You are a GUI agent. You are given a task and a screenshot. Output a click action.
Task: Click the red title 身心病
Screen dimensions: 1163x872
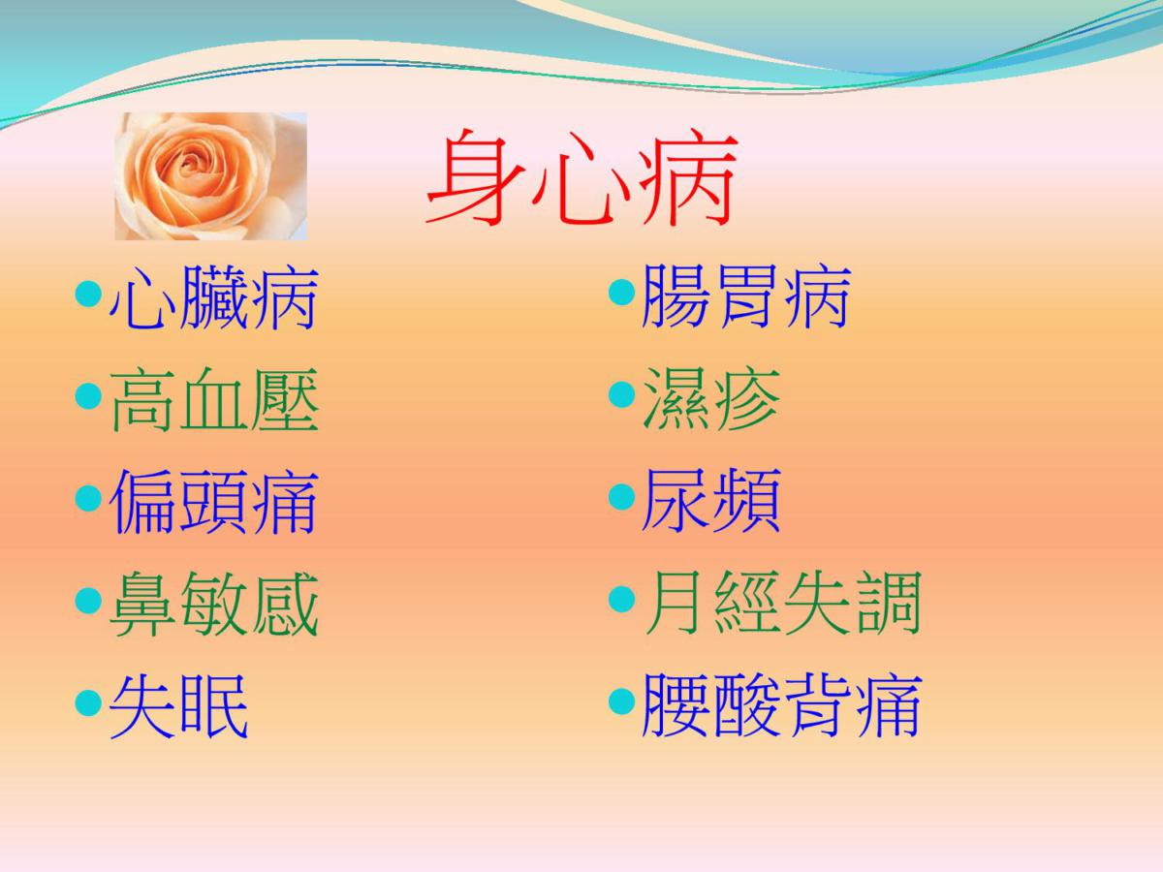coord(582,177)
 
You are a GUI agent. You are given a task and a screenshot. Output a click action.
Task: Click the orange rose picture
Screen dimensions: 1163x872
coord(211,176)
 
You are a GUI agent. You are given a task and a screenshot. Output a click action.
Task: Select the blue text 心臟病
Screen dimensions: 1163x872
coord(213,298)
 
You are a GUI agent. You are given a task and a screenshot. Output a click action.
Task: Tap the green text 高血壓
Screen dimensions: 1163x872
coord(214,401)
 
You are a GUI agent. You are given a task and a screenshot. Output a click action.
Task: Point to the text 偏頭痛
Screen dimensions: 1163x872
coord(214,501)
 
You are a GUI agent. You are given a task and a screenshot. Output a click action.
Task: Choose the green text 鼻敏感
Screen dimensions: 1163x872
coord(214,604)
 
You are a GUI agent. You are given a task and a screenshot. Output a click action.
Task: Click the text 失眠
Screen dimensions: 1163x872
coord(178,706)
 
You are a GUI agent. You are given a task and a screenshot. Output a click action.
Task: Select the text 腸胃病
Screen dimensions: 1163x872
coord(746,297)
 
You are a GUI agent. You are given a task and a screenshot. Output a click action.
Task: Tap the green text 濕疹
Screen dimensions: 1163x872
coord(711,399)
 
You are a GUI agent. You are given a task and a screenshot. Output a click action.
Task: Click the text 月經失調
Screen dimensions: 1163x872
coord(782,603)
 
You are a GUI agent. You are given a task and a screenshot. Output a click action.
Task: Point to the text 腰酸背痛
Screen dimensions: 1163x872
coord(782,705)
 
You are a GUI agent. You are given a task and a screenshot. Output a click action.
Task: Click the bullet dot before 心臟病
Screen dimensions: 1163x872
coord(88,294)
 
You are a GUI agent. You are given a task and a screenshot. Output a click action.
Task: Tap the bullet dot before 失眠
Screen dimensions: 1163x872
coord(88,703)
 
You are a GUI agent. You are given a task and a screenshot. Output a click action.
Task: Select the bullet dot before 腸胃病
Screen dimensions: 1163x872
coord(622,293)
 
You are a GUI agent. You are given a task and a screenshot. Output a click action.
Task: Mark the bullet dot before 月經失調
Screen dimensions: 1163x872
coord(622,600)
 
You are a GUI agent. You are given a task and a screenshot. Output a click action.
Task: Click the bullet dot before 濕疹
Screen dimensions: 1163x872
coord(622,394)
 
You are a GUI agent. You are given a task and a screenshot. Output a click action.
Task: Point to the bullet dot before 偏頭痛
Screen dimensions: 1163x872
coord(88,498)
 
